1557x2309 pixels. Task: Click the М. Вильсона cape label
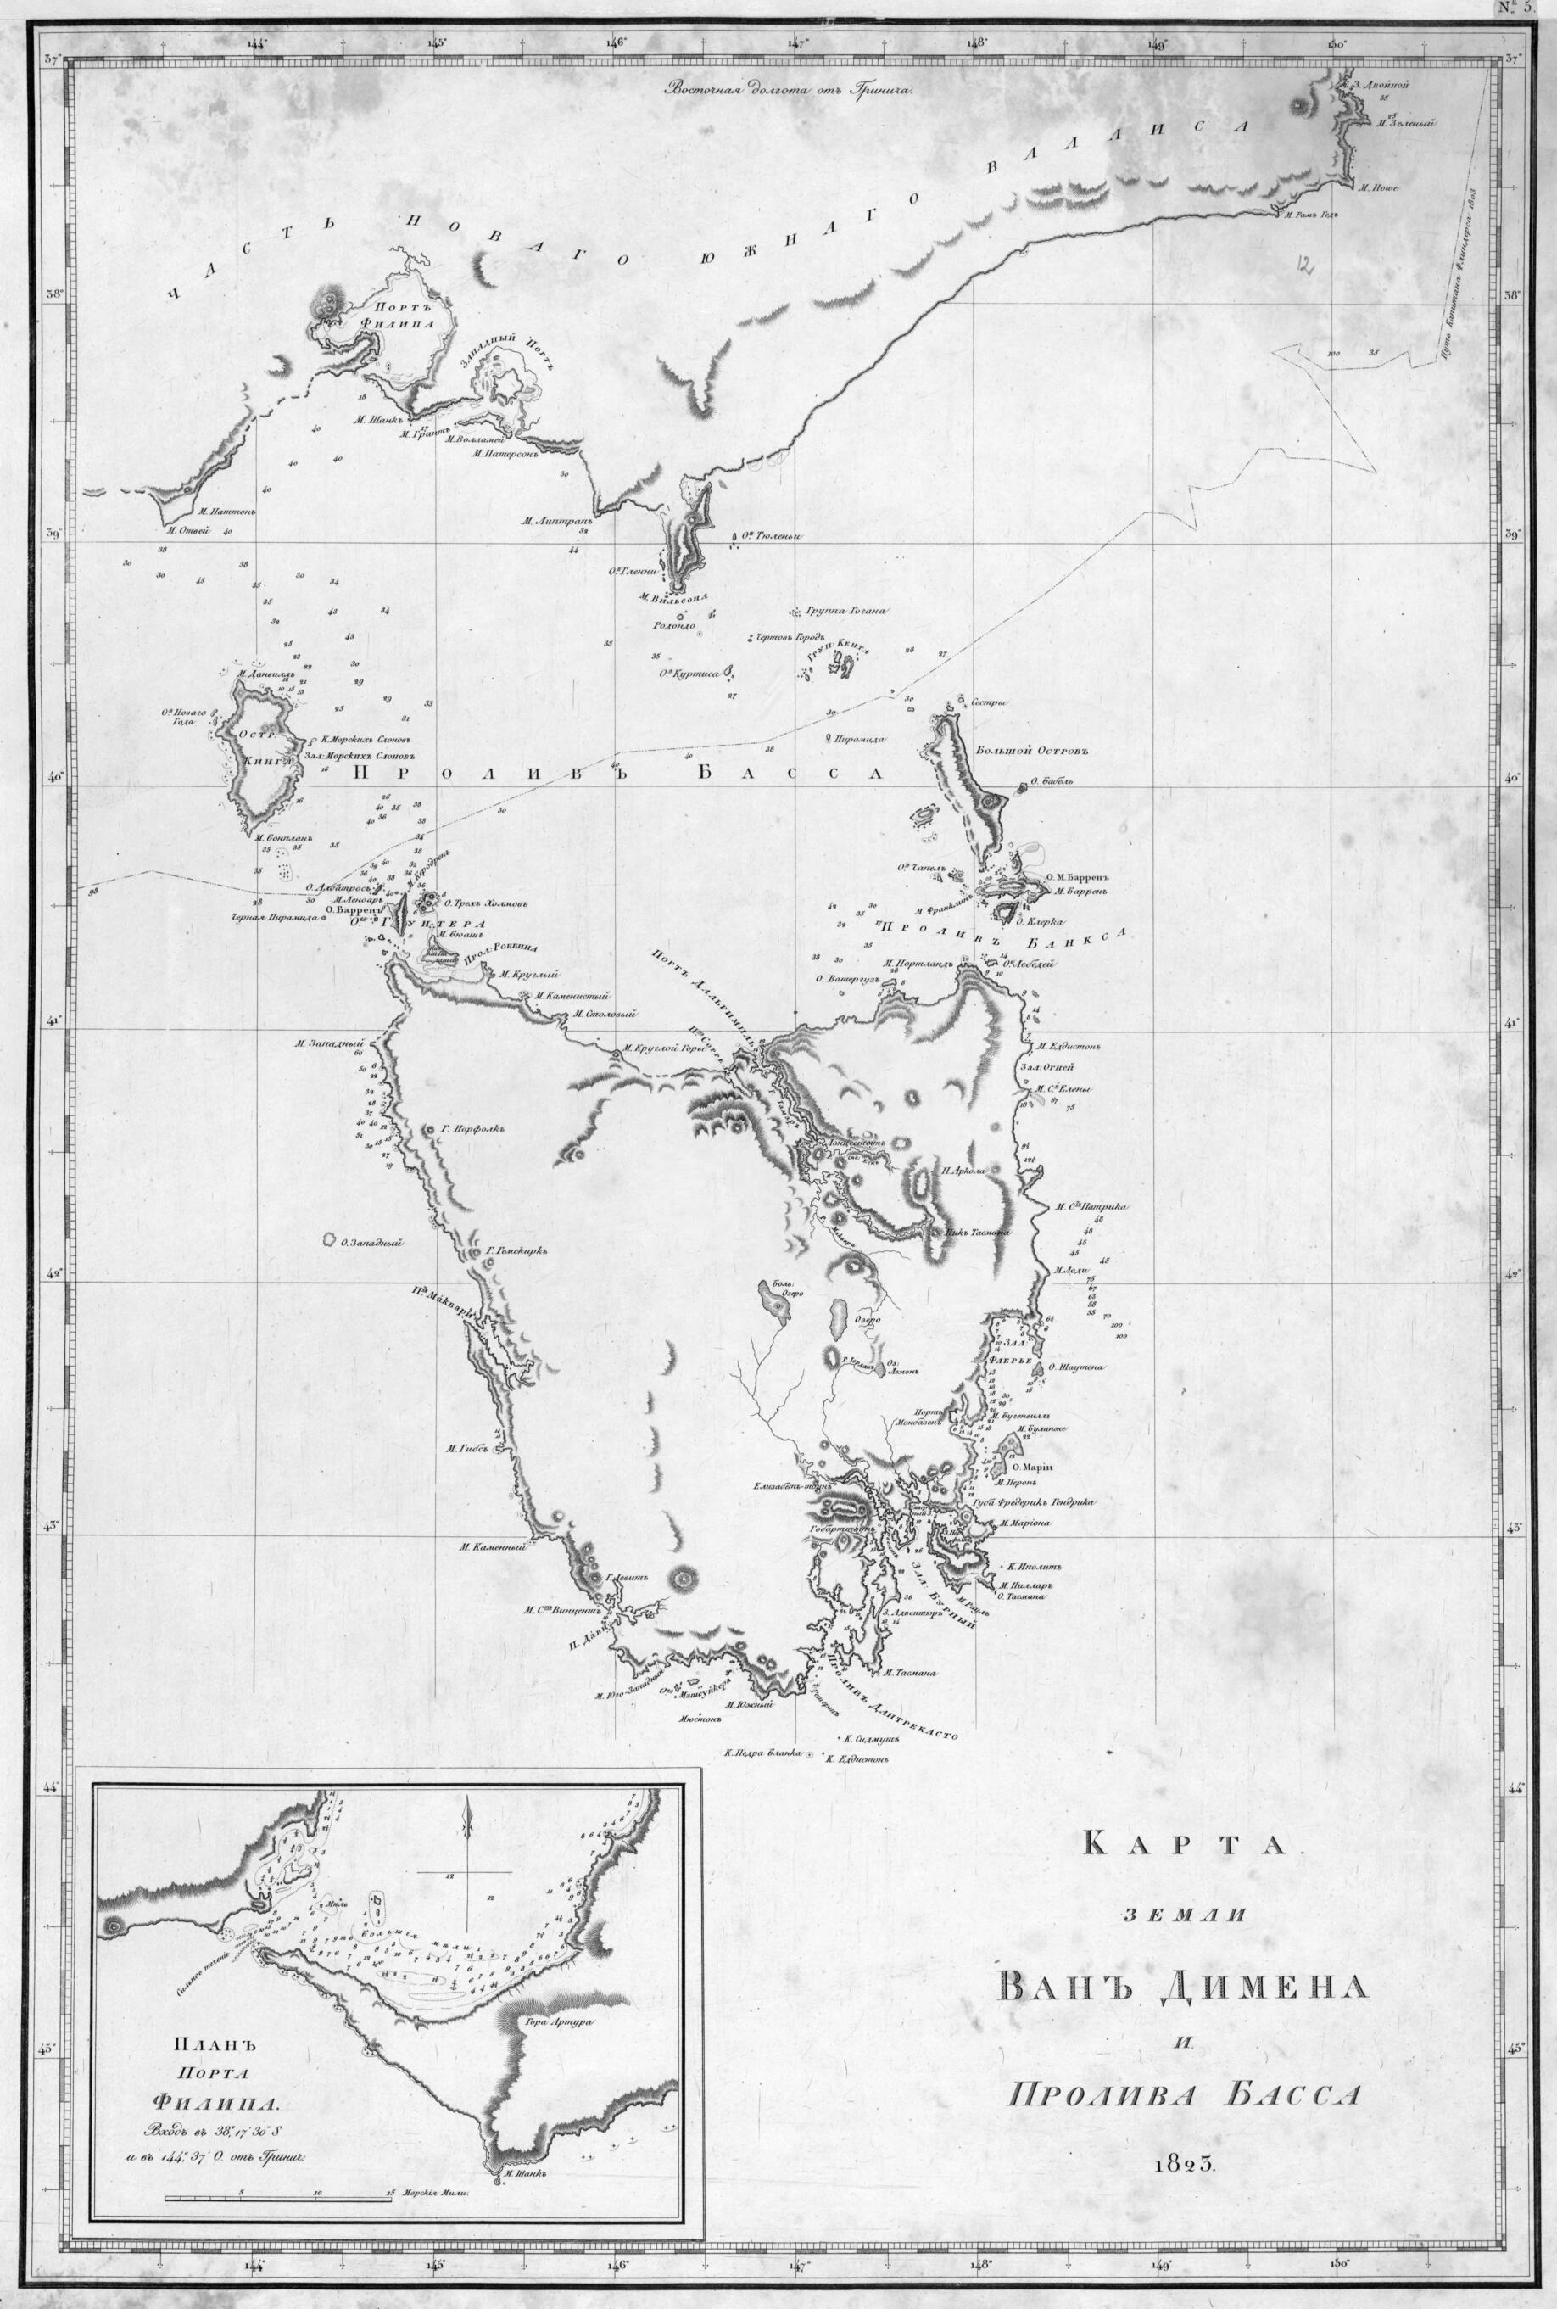point(672,598)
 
